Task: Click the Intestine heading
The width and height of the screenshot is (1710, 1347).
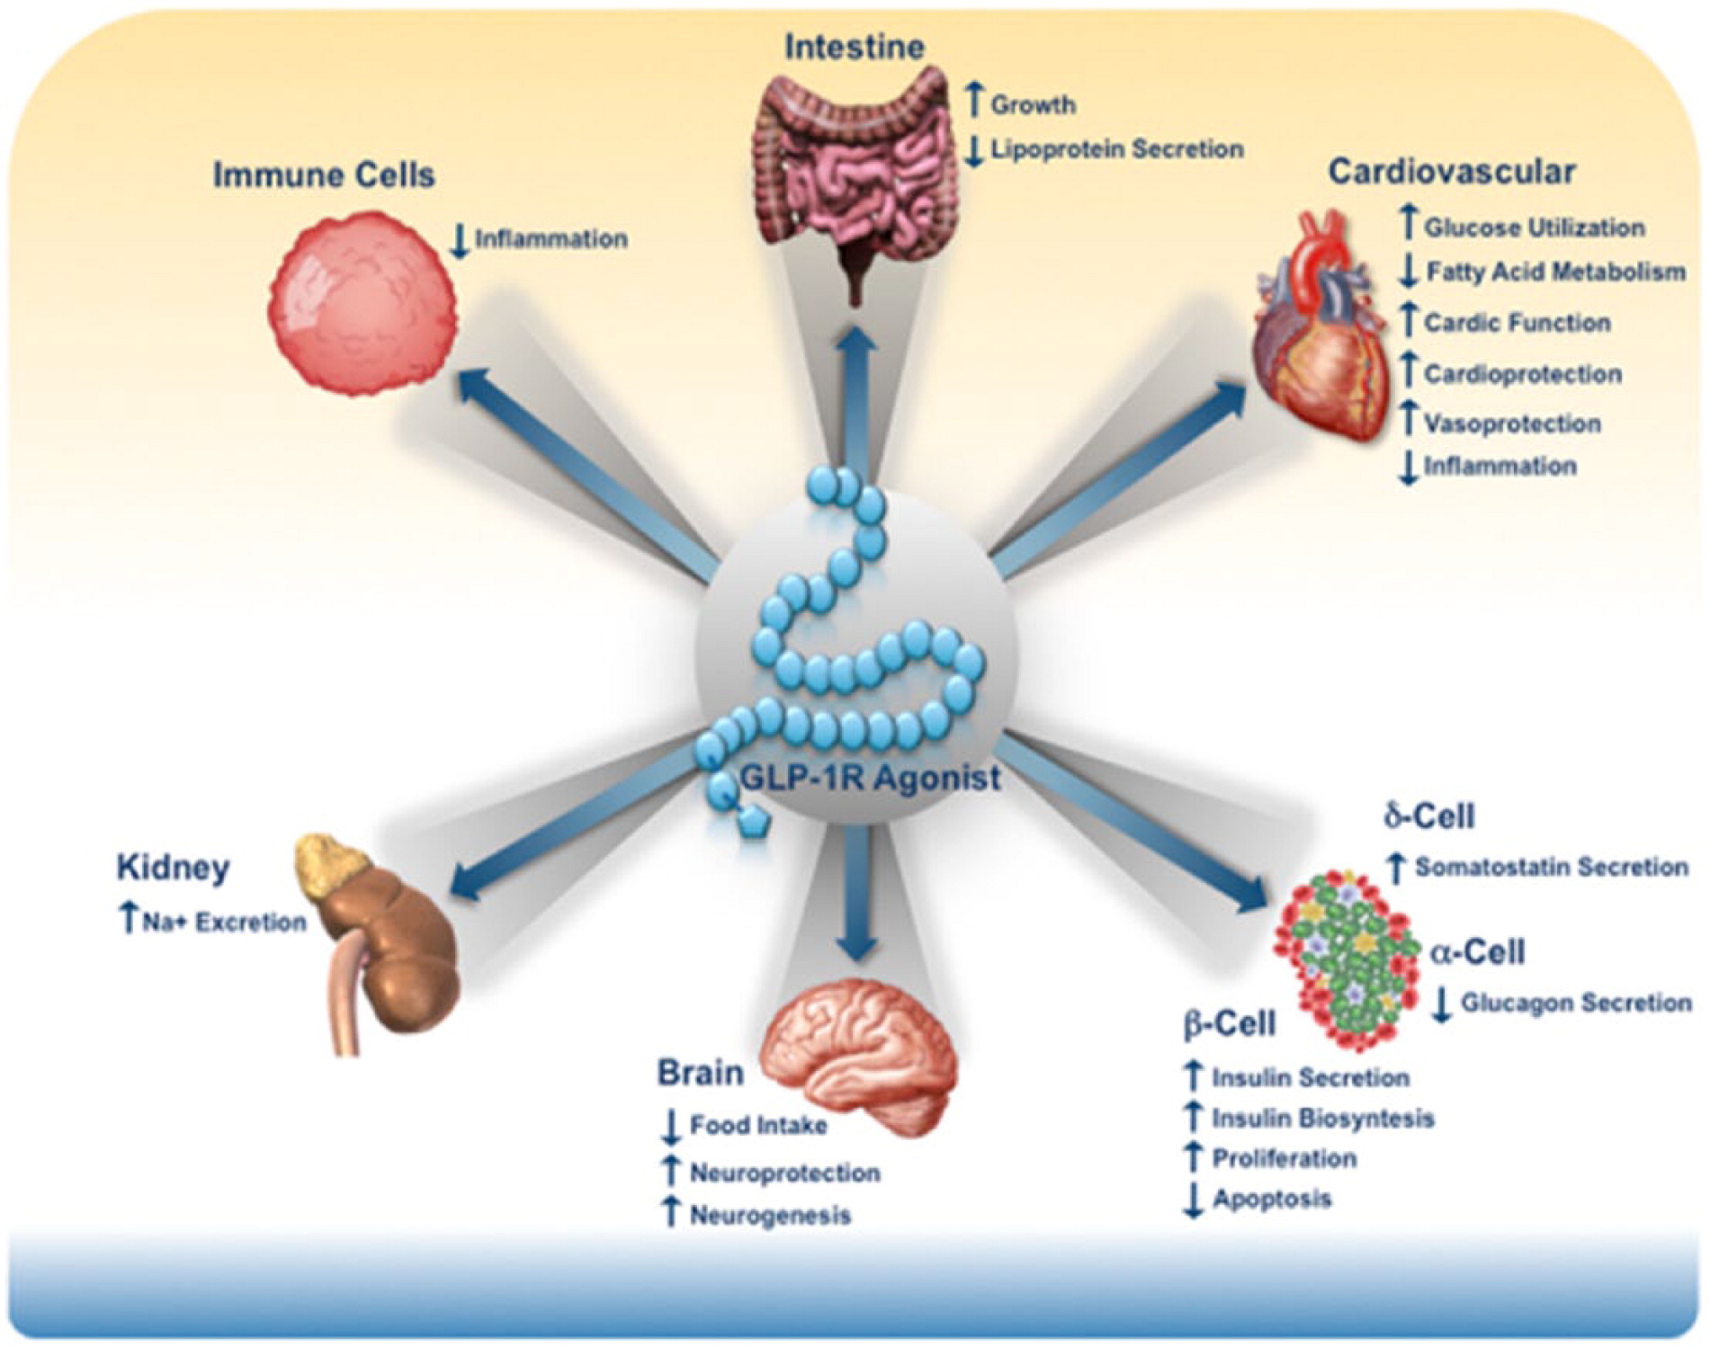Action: coord(854,47)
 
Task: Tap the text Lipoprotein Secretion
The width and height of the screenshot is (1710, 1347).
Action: coord(1116,149)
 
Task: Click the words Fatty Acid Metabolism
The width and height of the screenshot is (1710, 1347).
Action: coord(1554,272)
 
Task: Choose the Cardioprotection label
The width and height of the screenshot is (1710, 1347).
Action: coord(1522,374)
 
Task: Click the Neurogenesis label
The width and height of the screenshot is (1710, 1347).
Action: coord(769,1216)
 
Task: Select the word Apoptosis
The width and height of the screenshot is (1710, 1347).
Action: coord(1272,1199)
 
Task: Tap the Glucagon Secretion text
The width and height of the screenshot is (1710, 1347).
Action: coord(1575,1003)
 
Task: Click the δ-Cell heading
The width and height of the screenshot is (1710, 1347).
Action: coord(1428,816)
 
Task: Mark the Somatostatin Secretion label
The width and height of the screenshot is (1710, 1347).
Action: coord(1551,867)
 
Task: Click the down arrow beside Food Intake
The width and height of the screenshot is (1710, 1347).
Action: coord(670,1127)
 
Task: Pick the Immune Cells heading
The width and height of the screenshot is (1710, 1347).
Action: coord(324,174)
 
